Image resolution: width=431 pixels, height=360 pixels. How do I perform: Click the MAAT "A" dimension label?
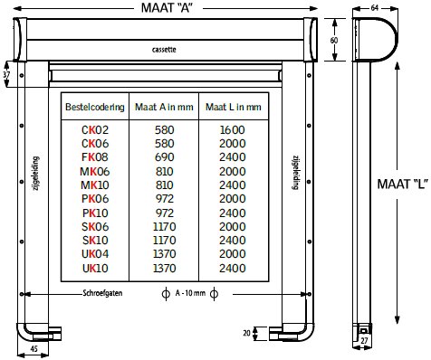[167, 7]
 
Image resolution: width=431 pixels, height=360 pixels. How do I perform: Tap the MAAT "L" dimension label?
[403, 184]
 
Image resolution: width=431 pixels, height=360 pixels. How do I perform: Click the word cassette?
[164, 50]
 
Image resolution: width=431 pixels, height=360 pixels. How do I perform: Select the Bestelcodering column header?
[95, 107]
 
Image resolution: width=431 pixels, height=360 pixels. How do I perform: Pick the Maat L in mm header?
[234, 107]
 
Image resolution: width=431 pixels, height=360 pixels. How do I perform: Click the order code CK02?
[95, 130]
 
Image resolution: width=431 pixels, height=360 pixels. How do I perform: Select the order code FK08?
[95, 157]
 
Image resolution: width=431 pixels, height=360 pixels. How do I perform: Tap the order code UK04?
[95, 254]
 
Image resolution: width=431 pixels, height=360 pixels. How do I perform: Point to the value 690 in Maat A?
[164, 157]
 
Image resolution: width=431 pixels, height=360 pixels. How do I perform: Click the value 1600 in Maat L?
[233, 130]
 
